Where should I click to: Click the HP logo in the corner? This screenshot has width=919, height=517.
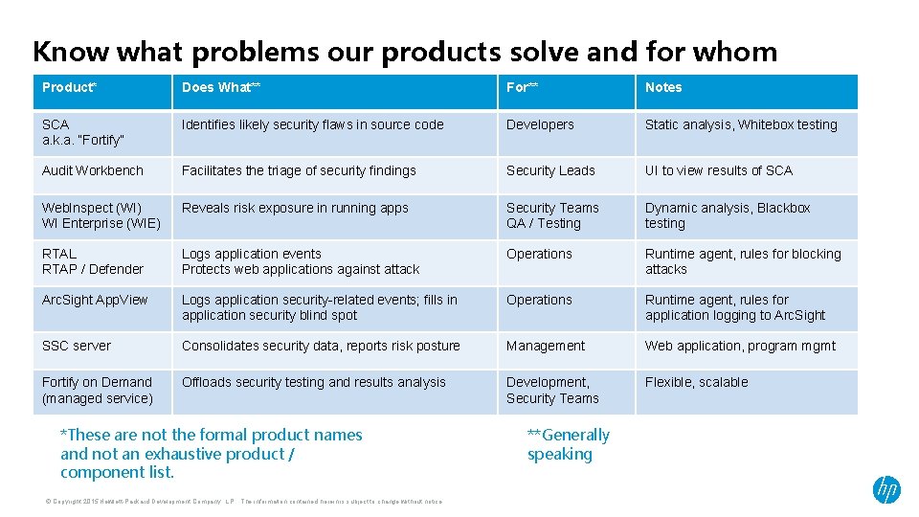[x=886, y=490]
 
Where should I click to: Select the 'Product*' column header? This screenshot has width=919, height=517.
[x=70, y=87]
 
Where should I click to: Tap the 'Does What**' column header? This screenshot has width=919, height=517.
[x=221, y=87]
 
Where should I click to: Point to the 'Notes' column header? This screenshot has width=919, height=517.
[x=663, y=87]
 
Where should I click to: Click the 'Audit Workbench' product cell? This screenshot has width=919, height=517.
[x=93, y=170]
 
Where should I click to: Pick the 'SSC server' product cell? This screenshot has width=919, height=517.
[x=77, y=346]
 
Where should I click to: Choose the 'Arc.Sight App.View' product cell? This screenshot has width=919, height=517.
[x=95, y=300]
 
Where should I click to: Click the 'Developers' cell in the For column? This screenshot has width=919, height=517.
[x=540, y=124]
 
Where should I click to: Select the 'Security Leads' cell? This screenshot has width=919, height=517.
[x=550, y=170]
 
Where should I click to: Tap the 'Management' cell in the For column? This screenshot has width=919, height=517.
[x=546, y=346]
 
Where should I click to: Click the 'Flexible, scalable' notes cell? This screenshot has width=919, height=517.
[x=697, y=382]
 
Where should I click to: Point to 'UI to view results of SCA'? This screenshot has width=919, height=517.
[x=719, y=170]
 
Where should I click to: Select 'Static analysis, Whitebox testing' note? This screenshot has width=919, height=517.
[x=741, y=124]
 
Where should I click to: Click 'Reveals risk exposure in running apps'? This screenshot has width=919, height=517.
[x=295, y=208]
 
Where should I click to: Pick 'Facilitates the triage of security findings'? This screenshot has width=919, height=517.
[x=299, y=170]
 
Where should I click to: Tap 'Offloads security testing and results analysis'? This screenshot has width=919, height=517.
[x=314, y=382]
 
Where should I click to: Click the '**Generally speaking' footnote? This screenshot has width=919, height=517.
[x=568, y=444]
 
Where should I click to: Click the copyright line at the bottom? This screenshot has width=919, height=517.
[x=243, y=501]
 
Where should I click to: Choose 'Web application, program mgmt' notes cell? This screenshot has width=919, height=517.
[x=740, y=346]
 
